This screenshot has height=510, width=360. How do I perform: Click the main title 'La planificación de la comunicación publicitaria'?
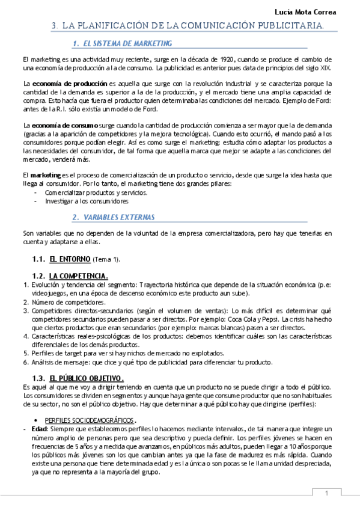[191, 26]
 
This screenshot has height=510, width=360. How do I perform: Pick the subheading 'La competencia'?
[78, 275]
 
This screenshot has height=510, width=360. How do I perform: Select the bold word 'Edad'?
[38, 431]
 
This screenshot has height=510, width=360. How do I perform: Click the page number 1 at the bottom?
[327, 493]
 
